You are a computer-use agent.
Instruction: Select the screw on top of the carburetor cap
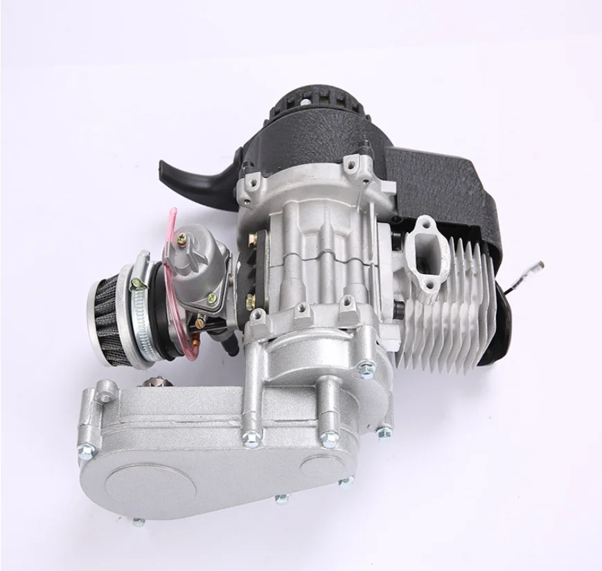(182, 237)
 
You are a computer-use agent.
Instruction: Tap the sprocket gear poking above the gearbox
(150, 383)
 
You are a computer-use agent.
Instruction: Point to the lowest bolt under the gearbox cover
(138, 522)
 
